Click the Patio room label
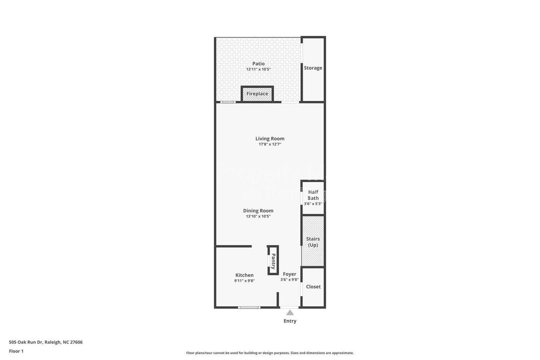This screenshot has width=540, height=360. [x=259, y=63]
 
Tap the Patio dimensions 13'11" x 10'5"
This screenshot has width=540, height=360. [x=259, y=69]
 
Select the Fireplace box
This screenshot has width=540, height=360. [x=257, y=94]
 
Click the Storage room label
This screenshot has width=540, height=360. [x=313, y=68]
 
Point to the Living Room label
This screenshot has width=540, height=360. [x=270, y=138]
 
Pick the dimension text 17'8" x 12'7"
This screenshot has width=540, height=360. [x=270, y=144]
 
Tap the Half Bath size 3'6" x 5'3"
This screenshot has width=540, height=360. [x=313, y=204]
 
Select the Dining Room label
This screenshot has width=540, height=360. [x=258, y=211]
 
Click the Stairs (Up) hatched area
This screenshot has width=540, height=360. [x=313, y=241]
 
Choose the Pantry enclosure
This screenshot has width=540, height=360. [x=273, y=260]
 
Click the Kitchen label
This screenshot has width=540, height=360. [x=244, y=275]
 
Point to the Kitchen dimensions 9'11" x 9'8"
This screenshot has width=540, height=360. [x=244, y=281]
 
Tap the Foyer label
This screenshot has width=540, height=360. [x=290, y=274]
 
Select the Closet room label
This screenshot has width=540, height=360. [x=313, y=287]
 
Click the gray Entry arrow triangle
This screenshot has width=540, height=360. [x=290, y=313]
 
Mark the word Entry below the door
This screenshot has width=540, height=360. [x=290, y=321]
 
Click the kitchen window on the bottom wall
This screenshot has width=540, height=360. [x=249, y=307]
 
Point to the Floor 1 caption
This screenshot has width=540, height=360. [x=16, y=351]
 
